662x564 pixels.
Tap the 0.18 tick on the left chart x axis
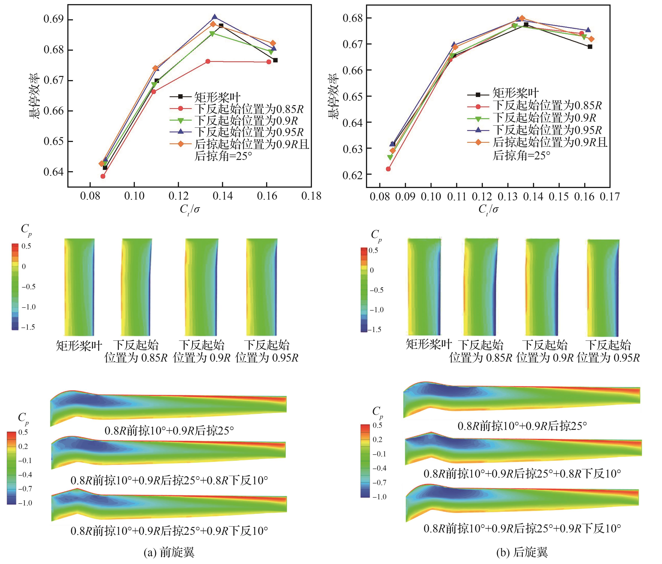311,196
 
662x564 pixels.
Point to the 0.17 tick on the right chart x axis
610,197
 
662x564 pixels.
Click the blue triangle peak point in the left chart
215,17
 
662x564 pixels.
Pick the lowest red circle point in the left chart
103,176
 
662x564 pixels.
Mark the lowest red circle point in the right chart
388,169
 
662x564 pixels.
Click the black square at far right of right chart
590,47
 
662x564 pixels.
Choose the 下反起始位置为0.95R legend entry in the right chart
547,130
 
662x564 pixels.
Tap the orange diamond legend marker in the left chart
180,144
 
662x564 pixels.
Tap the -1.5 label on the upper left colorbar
28,327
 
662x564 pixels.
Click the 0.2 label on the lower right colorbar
377,439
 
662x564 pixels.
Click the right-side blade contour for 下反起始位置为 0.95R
603,288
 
